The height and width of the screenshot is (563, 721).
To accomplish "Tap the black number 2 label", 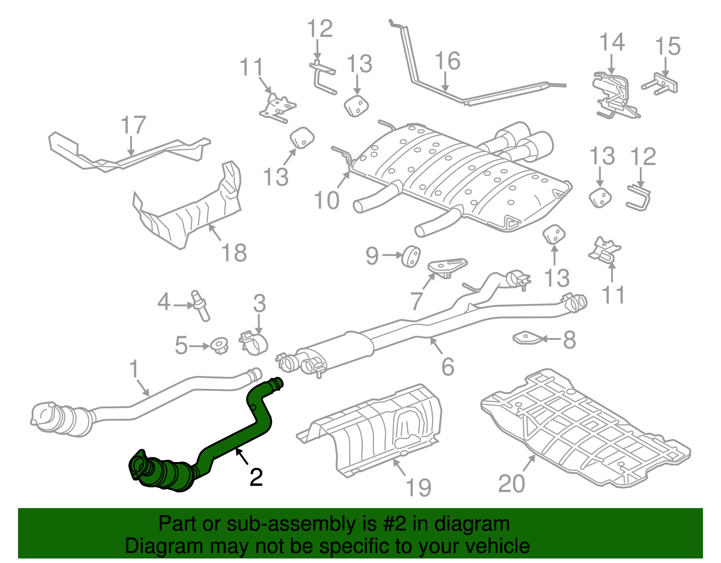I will pyautogui.click(x=256, y=477).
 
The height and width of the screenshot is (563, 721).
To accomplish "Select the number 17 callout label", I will pyautogui.click(x=134, y=126).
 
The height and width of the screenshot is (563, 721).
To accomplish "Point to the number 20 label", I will pyautogui.click(x=511, y=484).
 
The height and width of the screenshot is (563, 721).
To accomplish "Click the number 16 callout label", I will pyautogui.click(x=447, y=61).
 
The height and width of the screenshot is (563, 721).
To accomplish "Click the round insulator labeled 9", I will pyautogui.click(x=411, y=256).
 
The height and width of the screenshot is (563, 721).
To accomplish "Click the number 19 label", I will pyautogui.click(x=418, y=488).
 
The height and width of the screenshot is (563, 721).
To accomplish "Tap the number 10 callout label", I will pyautogui.click(x=327, y=201).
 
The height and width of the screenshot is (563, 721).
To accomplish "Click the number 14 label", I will pyautogui.click(x=611, y=43).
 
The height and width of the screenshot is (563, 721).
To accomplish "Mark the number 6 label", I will pyautogui.click(x=447, y=367).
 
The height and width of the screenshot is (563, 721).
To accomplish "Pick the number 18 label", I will pyautogui.click(x=234, y=253).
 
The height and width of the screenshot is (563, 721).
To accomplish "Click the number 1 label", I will pyautogui.click(x=134, y=369).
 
